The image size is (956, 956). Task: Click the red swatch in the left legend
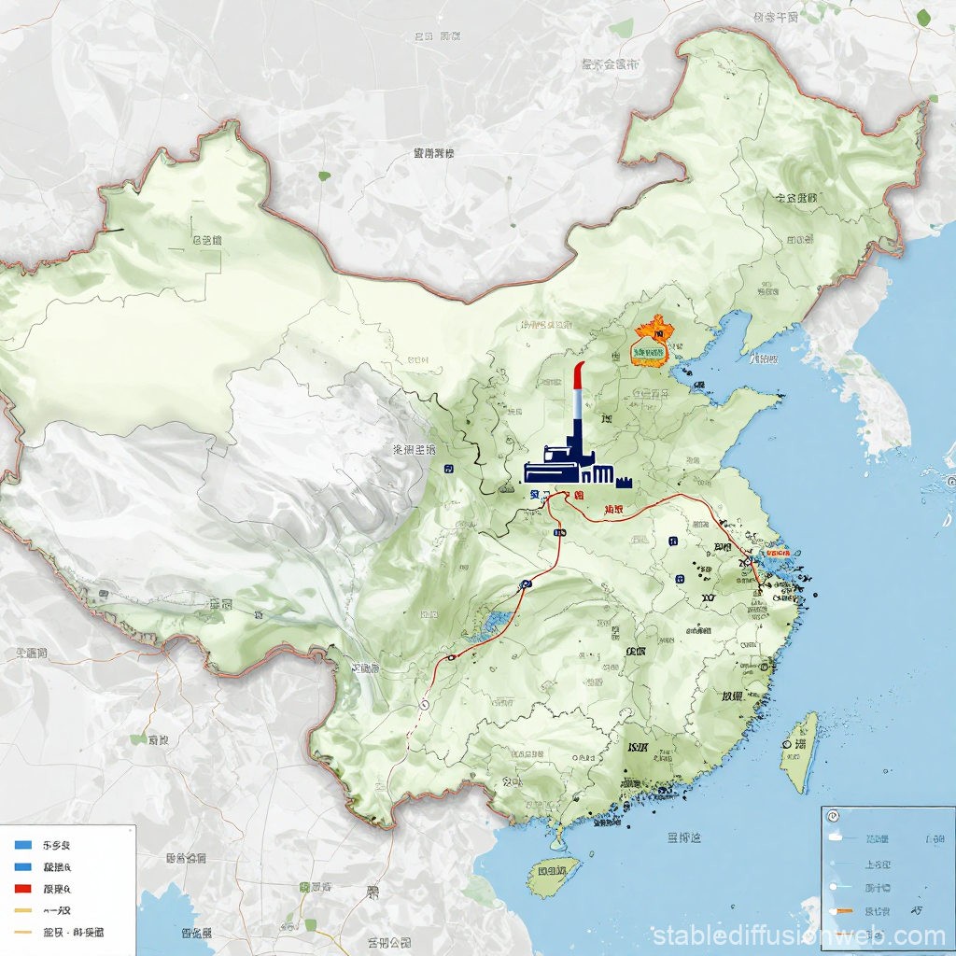(x=23, y=888)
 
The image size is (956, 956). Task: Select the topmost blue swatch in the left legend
(x=23, y=844)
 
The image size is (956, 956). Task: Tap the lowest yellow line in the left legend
(x=23, y=932)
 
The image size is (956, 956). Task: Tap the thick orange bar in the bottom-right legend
(x=846, y=908)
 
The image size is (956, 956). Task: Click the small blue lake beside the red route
(x=495, y=620)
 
